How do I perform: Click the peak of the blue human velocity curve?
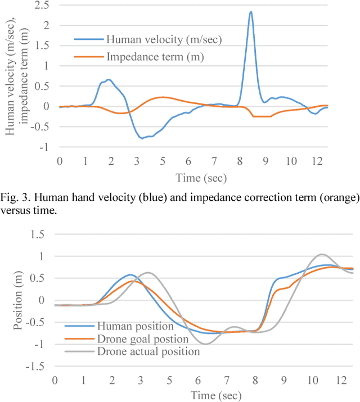click(251, 12)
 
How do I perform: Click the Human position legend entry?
click(136, 326)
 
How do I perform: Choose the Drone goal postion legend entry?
click(143, 338)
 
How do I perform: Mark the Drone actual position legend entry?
click(148, 351)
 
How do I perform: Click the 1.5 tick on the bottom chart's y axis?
click(41, 234)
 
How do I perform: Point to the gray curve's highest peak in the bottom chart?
click(321, 254)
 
